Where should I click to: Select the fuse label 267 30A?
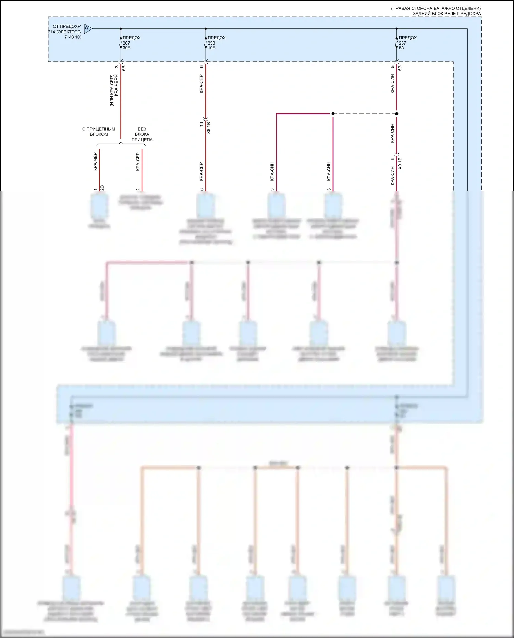[x=126, y=45]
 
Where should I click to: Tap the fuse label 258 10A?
[x=211, y=45]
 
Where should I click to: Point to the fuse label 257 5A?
[x=402, y=45]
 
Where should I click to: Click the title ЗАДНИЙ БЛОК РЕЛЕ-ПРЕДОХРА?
[x=446, y=14]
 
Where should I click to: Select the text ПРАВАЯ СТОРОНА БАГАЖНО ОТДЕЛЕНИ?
[x=436, y=8]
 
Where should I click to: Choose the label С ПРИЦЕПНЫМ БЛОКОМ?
[x=99, y=132]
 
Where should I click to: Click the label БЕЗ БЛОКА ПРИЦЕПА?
[x=142, y=134]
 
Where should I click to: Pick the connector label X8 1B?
[x=209, y=128]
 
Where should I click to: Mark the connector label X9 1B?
[x=400, y=164]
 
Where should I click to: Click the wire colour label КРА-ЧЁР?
[x=95, y=161]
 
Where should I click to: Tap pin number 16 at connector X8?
[x=202, y=124]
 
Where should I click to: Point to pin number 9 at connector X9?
[x=393, y=159]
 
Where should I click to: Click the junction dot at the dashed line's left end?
[x=333, y=113]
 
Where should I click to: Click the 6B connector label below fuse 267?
[x=124, y=68]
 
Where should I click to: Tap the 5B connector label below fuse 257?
[x=400, y=68]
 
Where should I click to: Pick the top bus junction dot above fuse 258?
[x=206, y=29]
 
